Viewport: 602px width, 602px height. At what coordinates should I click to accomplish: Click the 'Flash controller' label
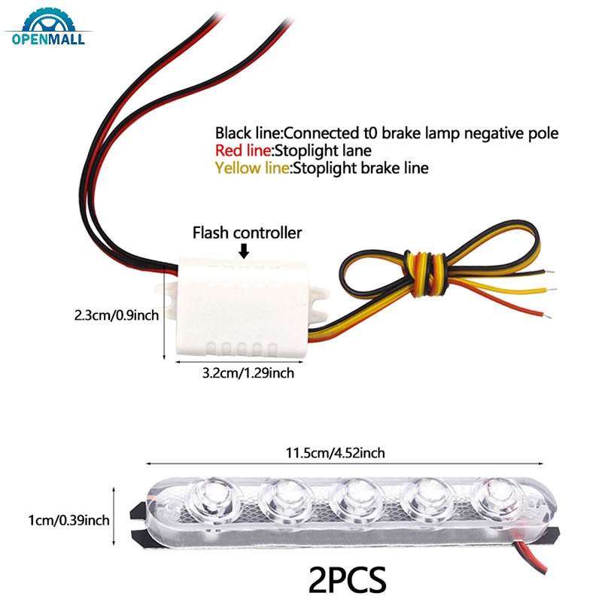tap(248, 233)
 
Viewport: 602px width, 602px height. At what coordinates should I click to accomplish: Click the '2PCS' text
tap(347, 579)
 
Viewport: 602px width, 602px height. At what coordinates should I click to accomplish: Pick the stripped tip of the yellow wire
tap(552, 290)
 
